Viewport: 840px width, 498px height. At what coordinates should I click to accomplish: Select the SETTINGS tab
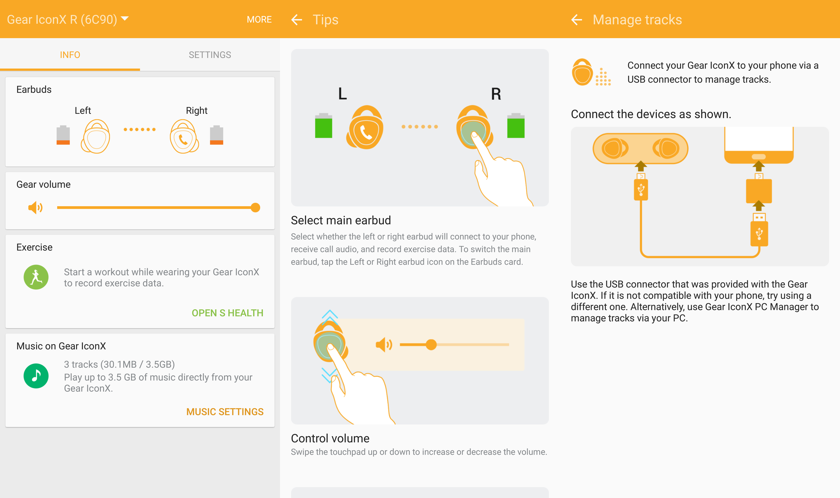tap(210, 55)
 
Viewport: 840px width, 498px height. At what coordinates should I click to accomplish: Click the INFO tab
tap(70, 55)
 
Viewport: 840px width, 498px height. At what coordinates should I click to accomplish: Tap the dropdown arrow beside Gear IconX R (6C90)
tap(125, 18)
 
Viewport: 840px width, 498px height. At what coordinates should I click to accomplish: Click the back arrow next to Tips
tap(297, 19)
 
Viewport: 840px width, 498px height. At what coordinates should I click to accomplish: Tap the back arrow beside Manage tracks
tap(577, 19)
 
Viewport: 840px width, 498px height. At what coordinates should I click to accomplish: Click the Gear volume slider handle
tap(255, 207)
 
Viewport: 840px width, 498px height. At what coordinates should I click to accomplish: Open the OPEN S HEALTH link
tap(227, 313)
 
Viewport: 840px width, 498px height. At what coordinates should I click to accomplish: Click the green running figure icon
tap(36, 277)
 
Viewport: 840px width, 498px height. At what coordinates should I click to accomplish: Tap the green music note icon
tap(36, 376)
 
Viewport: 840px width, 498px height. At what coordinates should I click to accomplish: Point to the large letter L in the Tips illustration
tap(342, 94)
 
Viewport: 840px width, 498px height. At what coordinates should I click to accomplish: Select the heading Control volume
tap(330, 438)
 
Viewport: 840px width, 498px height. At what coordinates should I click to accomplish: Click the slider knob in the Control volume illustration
tap(431, 344)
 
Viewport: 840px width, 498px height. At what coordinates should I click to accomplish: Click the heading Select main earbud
tap(341, 220)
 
